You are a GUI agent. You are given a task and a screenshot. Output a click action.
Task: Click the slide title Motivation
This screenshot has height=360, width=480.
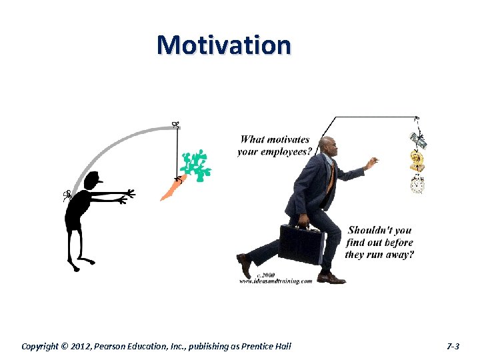(224, 45)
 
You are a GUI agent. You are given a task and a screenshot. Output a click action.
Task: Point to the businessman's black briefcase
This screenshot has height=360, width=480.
(301, 243)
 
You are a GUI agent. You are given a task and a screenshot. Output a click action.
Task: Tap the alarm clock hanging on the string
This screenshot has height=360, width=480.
(417, 185)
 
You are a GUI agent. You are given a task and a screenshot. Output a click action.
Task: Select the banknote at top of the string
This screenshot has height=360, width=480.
(418, 140)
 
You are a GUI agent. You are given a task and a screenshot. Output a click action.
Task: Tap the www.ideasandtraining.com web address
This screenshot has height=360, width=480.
(276, 281)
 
